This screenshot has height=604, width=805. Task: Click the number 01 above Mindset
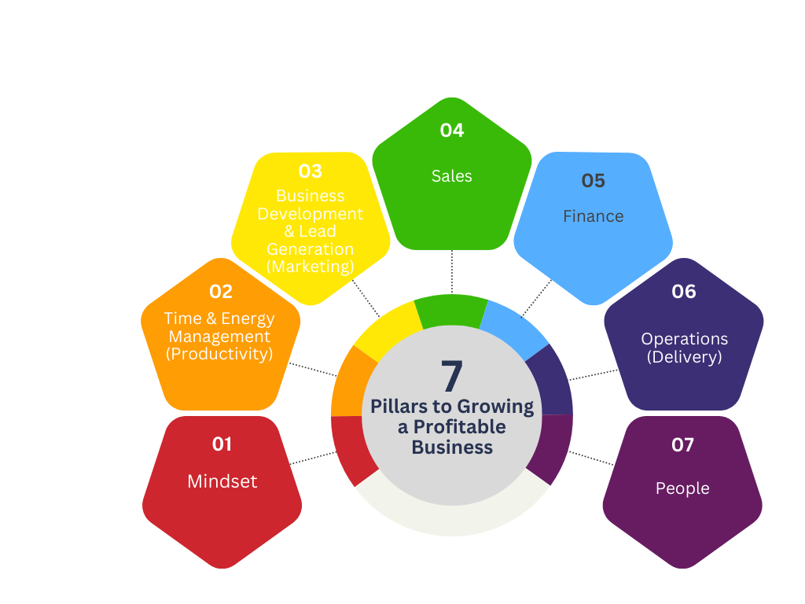click(222, 444)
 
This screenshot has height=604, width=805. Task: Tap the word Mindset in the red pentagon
click(222, 481)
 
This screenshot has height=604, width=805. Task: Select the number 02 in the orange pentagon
click(221, 292)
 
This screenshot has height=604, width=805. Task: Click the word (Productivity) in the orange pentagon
click(219, 354)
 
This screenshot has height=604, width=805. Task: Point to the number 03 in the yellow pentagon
click(311, 171)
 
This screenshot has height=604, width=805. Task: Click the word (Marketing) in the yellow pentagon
click(311, 267)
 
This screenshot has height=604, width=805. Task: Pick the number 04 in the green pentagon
click(452, 131)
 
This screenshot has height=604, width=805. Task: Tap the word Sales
click(452, 176)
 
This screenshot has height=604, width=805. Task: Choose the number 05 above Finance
click(594, 181)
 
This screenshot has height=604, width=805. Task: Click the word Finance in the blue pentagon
click(594, 216)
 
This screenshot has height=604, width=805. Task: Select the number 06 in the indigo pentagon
click(684, 292)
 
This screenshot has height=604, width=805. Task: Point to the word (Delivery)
click(684, 357)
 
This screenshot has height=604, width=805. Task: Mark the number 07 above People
click(682, 445)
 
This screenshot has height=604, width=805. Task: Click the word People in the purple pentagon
click(682, 488)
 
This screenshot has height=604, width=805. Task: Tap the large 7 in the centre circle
click(452, 377)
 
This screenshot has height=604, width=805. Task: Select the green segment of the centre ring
click(450, 310)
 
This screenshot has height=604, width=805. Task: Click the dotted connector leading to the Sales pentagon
click(452, 272)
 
